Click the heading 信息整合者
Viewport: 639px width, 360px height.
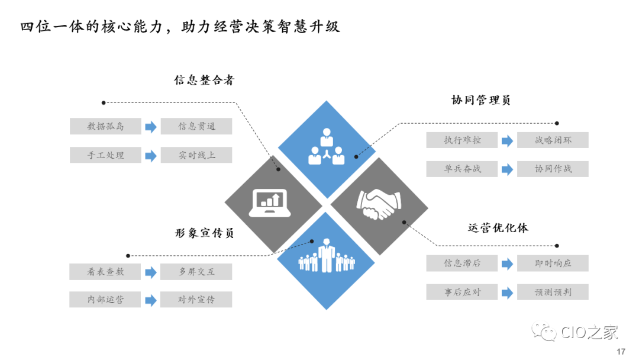coord(204,81)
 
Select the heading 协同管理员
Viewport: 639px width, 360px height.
coord(480,100)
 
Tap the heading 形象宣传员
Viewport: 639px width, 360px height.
coord(204,233)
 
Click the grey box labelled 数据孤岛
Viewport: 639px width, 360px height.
coord(105,126)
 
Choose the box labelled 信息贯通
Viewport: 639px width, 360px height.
coord(196,126)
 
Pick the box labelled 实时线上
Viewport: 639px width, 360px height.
coord(196,155)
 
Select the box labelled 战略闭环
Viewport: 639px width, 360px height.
coord(553,140)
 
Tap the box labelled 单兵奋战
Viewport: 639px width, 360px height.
coord(462,169)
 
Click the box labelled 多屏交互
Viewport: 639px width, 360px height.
coord(196,272)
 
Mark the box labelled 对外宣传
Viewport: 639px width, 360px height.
coord(196,300)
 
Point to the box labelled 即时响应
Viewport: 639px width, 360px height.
coord(553,263)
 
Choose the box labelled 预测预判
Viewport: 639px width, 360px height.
coord(553,292)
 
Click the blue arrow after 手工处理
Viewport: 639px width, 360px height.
coord(151,155)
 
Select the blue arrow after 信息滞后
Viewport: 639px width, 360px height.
coord(507,263)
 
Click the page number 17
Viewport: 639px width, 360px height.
coord(621,352)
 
